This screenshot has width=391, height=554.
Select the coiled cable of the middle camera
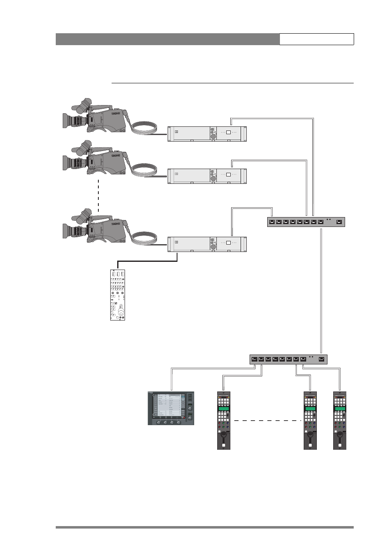[144, 169]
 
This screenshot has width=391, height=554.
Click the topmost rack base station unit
[207, 134]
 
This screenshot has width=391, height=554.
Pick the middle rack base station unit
[207, 176]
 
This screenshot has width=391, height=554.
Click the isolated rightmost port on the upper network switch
[339, 222]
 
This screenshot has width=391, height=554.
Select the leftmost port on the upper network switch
[271, 222]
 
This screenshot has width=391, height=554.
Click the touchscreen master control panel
[171, 408]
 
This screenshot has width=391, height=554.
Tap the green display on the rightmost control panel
[340, 409]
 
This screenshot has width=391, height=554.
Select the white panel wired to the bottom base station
[118, 295]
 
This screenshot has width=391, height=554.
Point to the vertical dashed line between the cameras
[98, 195]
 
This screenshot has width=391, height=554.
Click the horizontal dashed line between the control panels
[267, 421]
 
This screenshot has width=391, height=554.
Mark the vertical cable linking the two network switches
[321, 291]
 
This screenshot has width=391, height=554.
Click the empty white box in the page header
[316, 39]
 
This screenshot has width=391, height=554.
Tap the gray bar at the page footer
[205, 527]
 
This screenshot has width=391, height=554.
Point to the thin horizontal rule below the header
[232, 83]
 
